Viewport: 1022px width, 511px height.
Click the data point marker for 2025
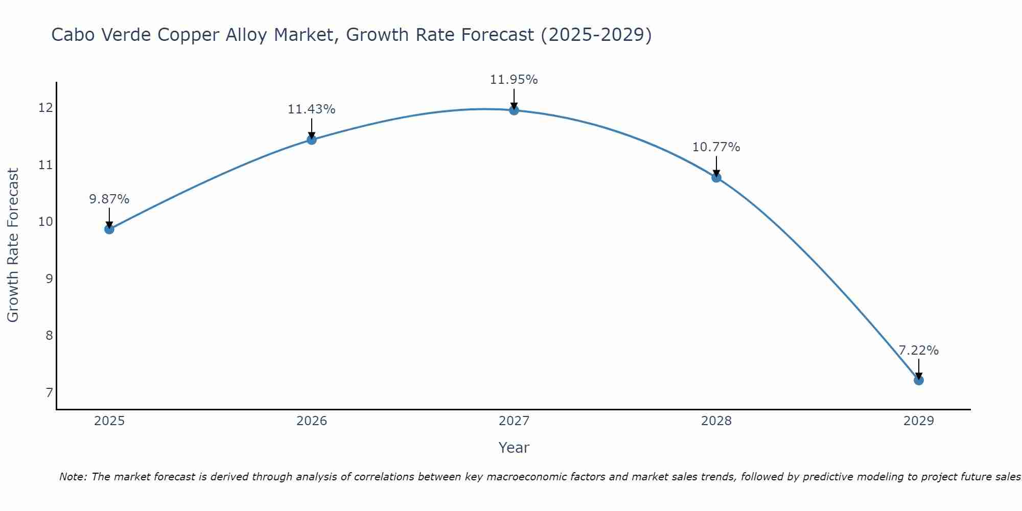tap(109, 229)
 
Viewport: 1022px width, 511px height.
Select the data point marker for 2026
tap(311, 140)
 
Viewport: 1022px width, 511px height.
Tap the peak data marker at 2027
tap(514, 110)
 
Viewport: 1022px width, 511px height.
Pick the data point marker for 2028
tap(716, 177)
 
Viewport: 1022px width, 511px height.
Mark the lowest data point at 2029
tap(918, 380)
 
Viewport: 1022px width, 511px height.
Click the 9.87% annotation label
tap(109, 199)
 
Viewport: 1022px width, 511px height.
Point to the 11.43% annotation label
tap(311, 109)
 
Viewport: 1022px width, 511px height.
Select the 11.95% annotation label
tap(514, 80)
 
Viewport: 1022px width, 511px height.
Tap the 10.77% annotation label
tap(716, 147)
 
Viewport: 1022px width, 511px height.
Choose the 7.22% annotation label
tap(918, 351)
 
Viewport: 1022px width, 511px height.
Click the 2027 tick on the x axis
tap(514, 421)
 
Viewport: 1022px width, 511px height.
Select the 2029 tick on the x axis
tap(918, 421)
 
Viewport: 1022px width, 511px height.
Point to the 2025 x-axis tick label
tap(109, 421)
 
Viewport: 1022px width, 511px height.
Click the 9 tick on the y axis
tap(49, 278)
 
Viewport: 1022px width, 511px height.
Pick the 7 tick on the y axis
tap(49, 392)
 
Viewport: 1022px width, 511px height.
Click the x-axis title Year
tap(514, 448)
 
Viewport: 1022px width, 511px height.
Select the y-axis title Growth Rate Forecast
tap(13, 245)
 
